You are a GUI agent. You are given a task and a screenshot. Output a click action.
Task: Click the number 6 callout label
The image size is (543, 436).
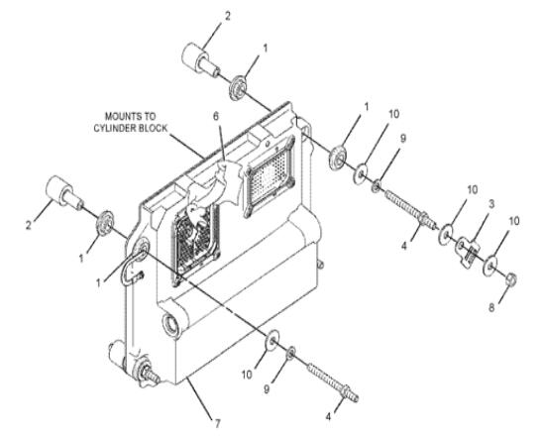[216, 116]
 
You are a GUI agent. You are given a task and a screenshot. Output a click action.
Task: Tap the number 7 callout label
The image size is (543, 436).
[217, 423]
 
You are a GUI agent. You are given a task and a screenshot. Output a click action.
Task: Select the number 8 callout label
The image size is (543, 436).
[491, 307]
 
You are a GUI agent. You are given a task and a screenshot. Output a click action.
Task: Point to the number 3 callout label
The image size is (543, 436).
[491, 203]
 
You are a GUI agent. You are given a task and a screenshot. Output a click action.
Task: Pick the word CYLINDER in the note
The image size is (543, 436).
[115, 128]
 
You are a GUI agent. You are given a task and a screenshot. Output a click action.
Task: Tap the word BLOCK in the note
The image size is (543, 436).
[153, 128]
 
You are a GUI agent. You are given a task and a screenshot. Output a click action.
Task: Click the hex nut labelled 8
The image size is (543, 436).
[511, 279]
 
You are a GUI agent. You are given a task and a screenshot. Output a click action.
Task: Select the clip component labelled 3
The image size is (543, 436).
[467, 252]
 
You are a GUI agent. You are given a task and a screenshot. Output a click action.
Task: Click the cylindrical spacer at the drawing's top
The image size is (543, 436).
[199, 58]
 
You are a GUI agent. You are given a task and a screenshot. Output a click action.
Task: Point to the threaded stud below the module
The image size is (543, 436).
[333, 381]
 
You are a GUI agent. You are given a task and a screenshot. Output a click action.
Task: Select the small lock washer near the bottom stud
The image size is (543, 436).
[290, 353]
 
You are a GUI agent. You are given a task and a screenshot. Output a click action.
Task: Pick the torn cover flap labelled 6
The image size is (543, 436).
[215, 187]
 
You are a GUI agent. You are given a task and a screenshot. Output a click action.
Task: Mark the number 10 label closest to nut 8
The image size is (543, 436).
[514, 221]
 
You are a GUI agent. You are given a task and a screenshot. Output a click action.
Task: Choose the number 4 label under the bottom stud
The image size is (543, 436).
[328, 416]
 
